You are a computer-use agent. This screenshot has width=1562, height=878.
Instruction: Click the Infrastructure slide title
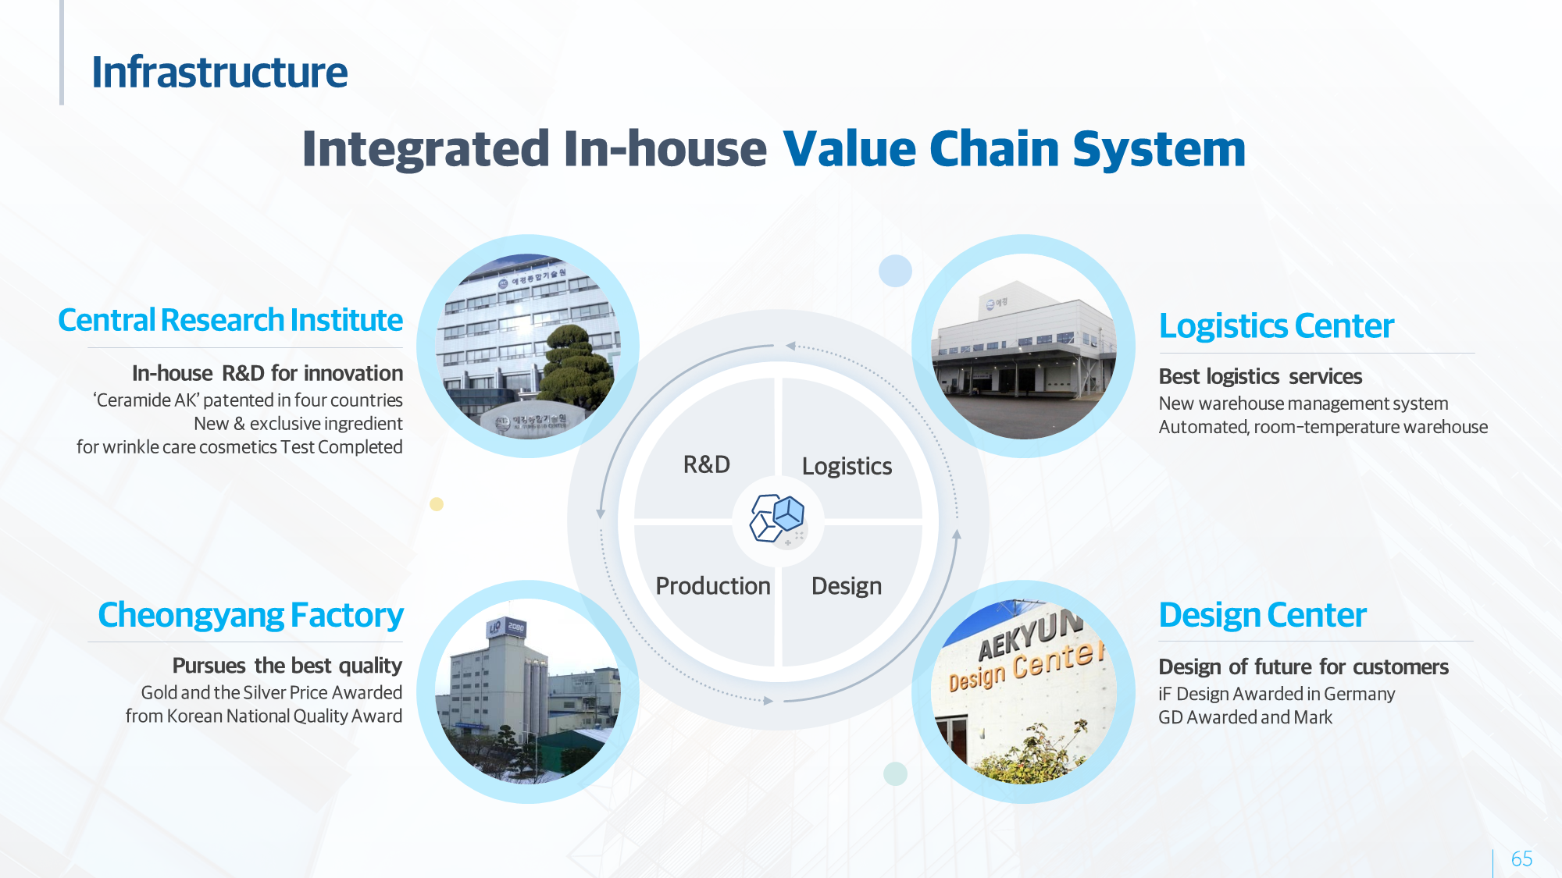(x=219, y=73)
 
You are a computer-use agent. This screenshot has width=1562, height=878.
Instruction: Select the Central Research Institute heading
(x=230, y=320)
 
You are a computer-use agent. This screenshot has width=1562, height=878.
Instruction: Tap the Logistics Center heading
(x=1276, y=326)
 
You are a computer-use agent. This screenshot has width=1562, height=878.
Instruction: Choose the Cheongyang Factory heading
(x=251, y=615)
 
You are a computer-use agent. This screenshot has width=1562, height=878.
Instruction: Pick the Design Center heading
(x=1262, y=615)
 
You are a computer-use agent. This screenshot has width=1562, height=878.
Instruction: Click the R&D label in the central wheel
(x=707, y=464)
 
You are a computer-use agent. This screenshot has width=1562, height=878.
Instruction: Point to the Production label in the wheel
(x=713, y=586)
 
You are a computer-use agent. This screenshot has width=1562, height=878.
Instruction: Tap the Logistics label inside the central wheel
(x=847, y=467)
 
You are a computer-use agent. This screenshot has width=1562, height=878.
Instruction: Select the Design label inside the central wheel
(x=847, y=586)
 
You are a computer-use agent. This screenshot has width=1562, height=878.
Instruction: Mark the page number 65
(x=1521, y=859)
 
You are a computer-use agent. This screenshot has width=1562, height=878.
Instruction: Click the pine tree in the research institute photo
(x=578, y=367)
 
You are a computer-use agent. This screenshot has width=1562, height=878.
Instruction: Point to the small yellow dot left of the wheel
(x=437, y=504)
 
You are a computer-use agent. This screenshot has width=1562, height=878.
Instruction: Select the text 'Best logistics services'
(x=1260, y=377)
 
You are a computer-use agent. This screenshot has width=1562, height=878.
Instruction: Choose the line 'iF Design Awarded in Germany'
(x=1276, y=694)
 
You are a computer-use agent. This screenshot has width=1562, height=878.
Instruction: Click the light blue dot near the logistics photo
(x=895, y=271)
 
